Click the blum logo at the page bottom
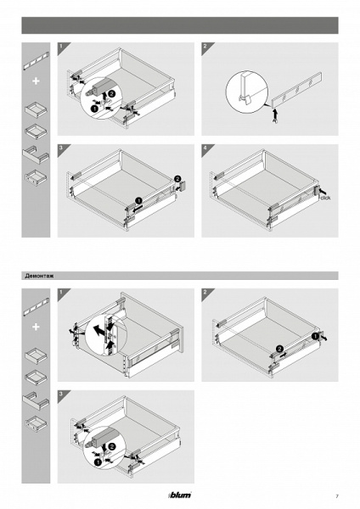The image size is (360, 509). click(180, 495)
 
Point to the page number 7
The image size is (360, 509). click(337, 496)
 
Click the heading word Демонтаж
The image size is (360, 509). click(39, 276)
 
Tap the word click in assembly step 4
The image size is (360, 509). click(325, 198)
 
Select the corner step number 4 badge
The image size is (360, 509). click(205, 148)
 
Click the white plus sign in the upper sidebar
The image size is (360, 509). click(36, 81)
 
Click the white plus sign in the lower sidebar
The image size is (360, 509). click(36, 327)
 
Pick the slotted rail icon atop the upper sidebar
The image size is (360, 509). click(36, 61)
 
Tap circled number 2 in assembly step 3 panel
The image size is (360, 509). click(177, 178)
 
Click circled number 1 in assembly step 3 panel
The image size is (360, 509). click(138, 200)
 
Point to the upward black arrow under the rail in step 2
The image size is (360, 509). click(275, 115)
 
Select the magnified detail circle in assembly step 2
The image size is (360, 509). click(247, 92)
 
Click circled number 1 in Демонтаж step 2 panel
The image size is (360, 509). click(315, 336)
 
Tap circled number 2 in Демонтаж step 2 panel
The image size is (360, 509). click(279, 350)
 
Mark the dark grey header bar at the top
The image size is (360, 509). click(180, 25)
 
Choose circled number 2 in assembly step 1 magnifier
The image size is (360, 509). click(111, 94)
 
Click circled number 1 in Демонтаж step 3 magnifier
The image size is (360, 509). click(97, 462)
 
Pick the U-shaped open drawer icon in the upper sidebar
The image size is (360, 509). click(36, 155)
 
